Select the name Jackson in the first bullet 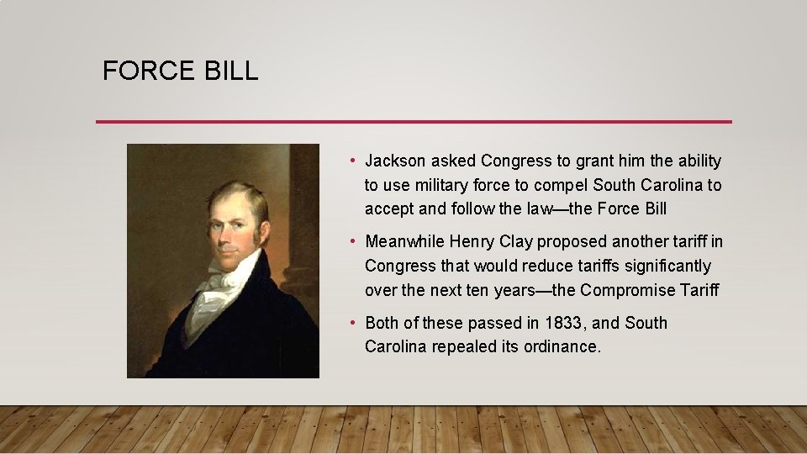[397, 161]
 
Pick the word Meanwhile [404, 242]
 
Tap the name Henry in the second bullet [473, 242]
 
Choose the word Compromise [630, 291]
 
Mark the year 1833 [562, 324]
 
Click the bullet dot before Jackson [356, 161]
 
